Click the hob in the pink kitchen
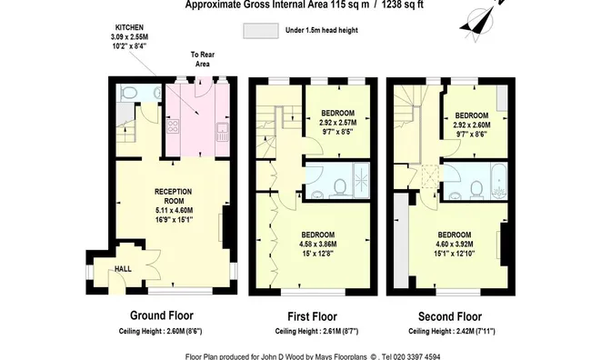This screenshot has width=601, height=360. coord(174,126)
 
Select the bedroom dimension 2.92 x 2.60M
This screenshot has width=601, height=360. coord(470,125)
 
